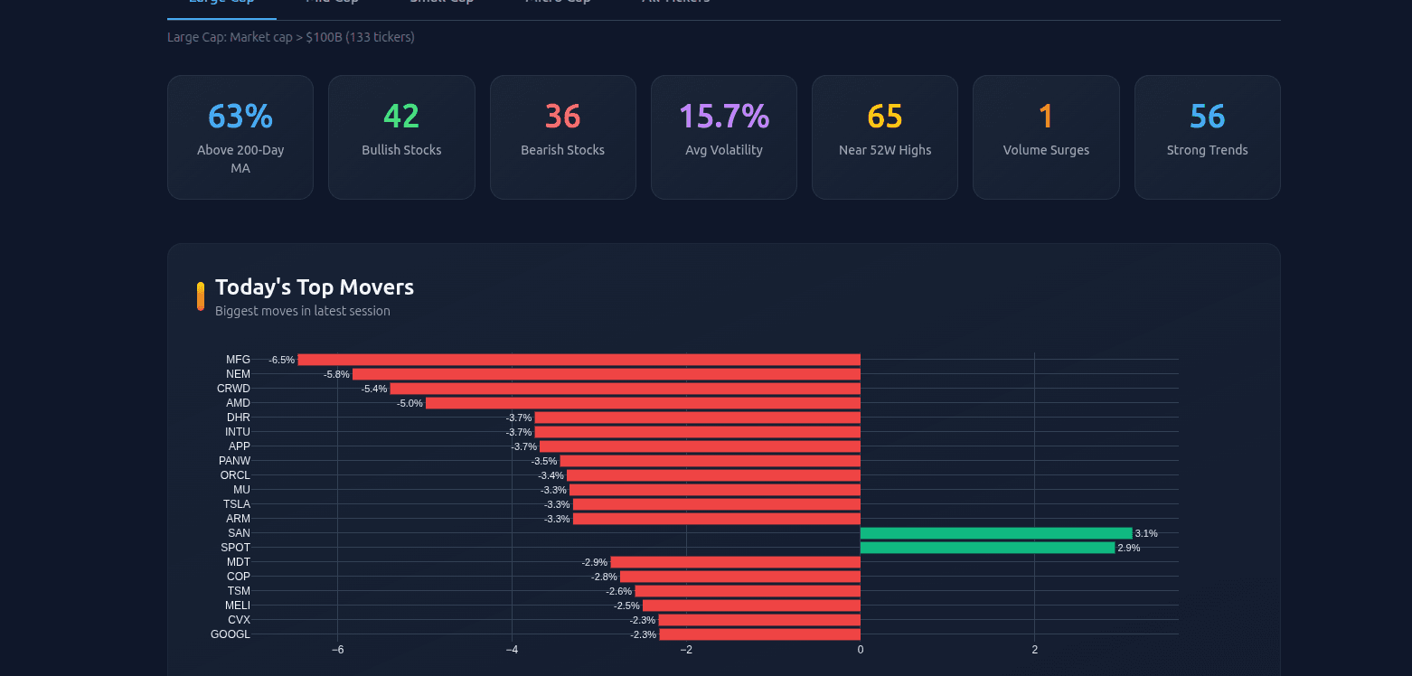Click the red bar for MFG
(579, 360)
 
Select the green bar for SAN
(995, 533)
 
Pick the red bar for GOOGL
(759, 634)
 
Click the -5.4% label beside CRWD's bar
(374, 389)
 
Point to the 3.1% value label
(1146, 533)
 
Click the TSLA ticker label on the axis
(237, 504)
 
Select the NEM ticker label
(238, 374)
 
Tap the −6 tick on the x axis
(337, 650)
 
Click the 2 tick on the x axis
(1034, 650)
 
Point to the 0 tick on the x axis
(860, 650)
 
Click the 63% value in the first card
(240, 117)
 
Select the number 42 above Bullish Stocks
(401, 117)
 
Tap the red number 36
(562, 117)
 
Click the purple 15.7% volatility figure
(723, 117)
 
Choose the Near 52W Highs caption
(884, 150)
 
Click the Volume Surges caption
(1046, 150)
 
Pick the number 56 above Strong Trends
(1207, 117)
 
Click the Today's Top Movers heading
(315, 287)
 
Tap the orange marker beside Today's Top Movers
(201, 296)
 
